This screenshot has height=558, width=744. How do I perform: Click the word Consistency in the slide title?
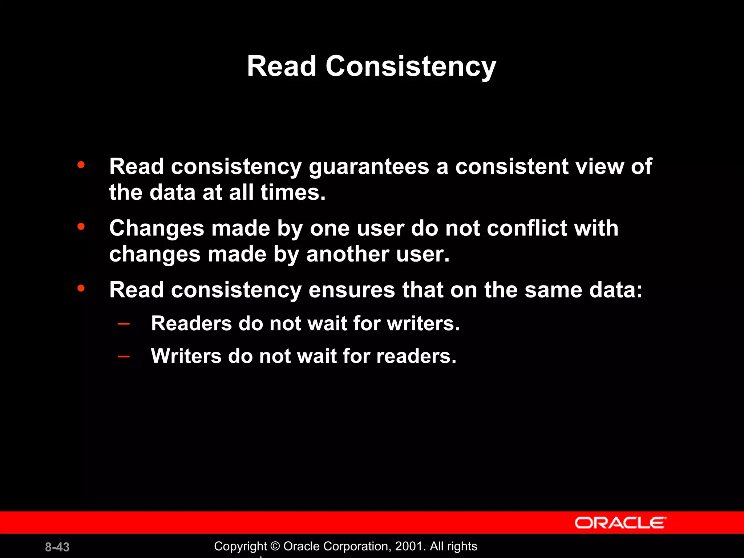click(x=411, y=66)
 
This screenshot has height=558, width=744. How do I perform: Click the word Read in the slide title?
click(x=282, y=66)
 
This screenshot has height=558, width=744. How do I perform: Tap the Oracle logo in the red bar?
click(x=620, y=523)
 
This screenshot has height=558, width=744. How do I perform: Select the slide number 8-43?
click(x=57, y=547)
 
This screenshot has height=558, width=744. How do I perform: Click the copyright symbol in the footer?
click(x=275, y=546)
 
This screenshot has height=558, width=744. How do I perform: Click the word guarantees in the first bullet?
click(x=369, y=167)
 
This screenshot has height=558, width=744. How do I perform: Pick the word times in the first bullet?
click(x=293, y=192)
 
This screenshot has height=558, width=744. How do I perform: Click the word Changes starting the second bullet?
click(x=157, y=229)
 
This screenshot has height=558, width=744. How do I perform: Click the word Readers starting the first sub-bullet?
click(x=191, y=323)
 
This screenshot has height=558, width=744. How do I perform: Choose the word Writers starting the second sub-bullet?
click(x=186, y=356)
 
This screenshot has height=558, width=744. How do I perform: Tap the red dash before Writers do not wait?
click(x=124, y=356)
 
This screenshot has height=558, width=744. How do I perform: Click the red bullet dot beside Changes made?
click(x=81, y=227)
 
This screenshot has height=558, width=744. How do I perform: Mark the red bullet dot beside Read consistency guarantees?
click(x=81, y=165)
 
